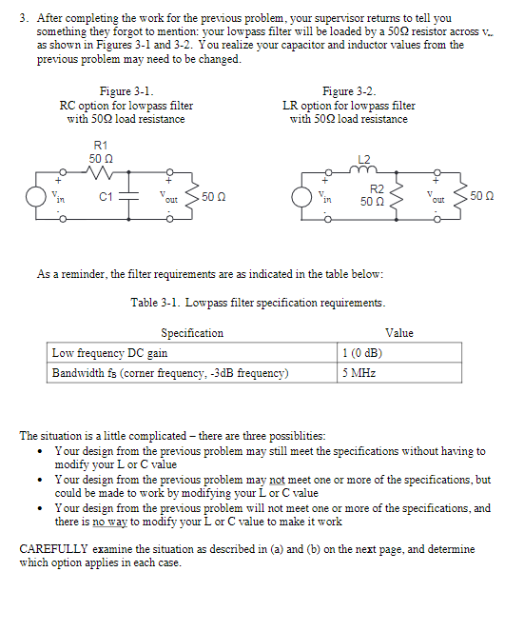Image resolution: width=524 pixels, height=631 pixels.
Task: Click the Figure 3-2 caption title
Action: click(x=348, y=92)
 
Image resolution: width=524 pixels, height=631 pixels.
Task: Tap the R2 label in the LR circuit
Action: click(x=377, y=189)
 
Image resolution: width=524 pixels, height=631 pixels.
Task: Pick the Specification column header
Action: click(x=191, y=333)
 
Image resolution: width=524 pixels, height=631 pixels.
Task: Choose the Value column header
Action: click(x=399, y=333)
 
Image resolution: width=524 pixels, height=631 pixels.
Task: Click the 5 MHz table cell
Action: click(x=359, y=373)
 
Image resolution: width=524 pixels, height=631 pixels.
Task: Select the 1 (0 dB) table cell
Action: click(x=362, y=353)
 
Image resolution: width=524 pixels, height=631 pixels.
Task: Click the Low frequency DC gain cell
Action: click(x=109, y=353)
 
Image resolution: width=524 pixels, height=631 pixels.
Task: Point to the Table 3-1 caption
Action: click(x=258, y=303)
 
